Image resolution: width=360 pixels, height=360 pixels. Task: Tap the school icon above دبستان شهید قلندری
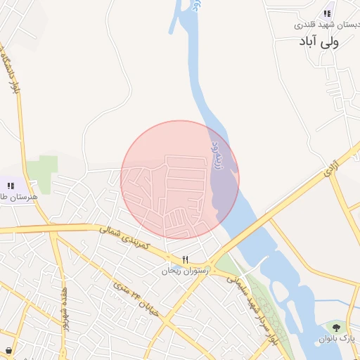tap(327, 13)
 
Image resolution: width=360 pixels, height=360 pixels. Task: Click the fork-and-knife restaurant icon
tap(185, 259)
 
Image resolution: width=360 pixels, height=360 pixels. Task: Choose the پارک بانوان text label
tap(335, 339)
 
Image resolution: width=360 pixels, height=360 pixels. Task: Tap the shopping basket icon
tap(8, 350)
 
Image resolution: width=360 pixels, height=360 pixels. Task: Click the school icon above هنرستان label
tap(11, 186)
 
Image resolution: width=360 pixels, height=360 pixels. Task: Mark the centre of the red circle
tap(180, 179)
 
